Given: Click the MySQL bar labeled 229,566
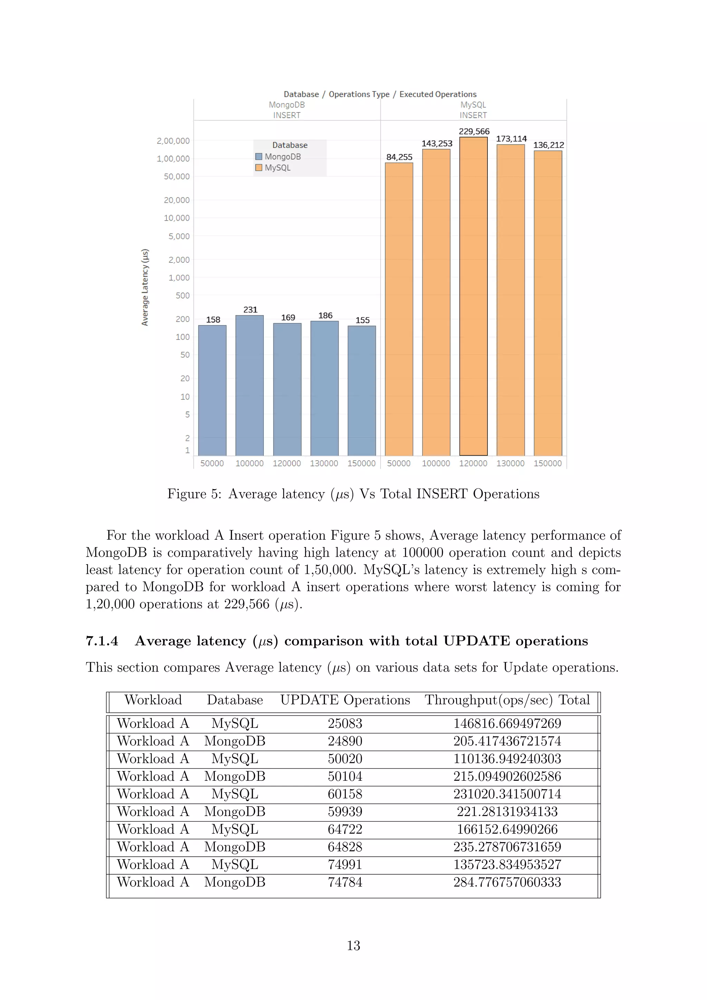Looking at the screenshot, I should (473, 296).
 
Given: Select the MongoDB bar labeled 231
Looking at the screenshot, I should (250, 385).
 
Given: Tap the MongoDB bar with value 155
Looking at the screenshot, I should (361, 391).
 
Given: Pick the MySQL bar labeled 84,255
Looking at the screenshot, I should (399, 309).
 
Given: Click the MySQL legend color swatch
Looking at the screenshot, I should (259, 168).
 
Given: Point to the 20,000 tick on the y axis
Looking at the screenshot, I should (177, 200).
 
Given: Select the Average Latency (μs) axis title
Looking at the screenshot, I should (145, 287).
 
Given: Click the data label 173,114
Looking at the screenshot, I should (511, 138).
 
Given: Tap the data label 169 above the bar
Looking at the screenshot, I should (288, 318).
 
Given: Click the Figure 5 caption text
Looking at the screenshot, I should (353, 494).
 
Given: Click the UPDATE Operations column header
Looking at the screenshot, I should (345, 700).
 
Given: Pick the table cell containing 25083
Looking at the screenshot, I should (345, 723).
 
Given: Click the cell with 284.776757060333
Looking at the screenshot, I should (507, 882).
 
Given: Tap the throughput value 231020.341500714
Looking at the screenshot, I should (507, 794).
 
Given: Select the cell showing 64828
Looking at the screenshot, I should (345, 847).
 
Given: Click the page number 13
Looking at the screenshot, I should (353, 945).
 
